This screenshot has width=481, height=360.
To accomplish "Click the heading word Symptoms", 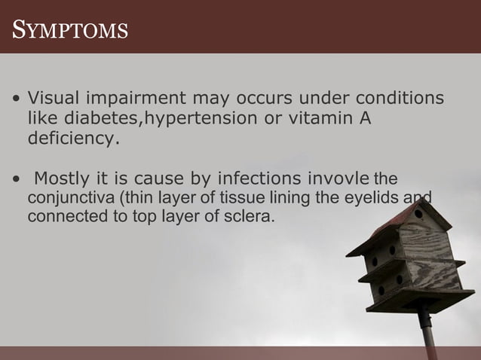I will [x=70, y=31].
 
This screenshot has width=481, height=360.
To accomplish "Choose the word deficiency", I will [x=73, y=139].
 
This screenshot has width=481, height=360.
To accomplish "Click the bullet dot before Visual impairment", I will [x=16, y=100].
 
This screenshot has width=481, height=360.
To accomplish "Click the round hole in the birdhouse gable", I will [x=418, y=214].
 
